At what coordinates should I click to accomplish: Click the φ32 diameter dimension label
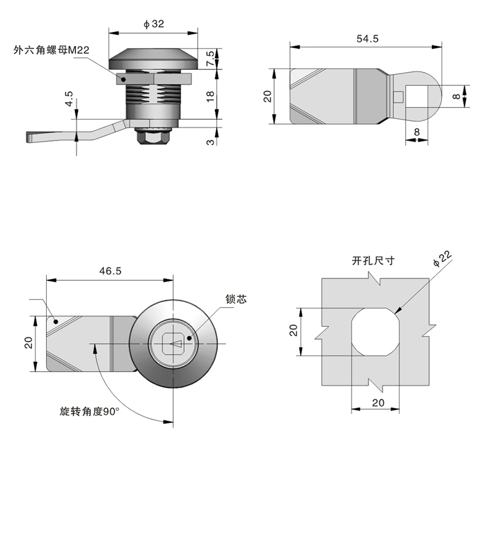[154, 24]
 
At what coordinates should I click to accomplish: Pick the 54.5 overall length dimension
[367, 38]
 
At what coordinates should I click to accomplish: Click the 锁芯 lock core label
[235, 300]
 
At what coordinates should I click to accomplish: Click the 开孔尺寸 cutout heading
[373, 261]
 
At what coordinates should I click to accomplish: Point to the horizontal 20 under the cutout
[377, 402]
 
